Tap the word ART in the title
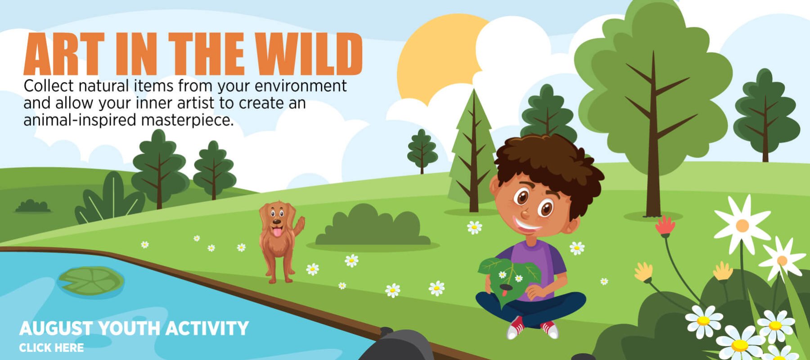tap(63, 54)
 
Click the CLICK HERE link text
tap(51, 348)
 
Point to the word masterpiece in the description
tap(187, 121)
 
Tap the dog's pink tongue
tap(277, 232)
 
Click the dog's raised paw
tap(300, 222)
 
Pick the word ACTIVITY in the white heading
tap(207, 328)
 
